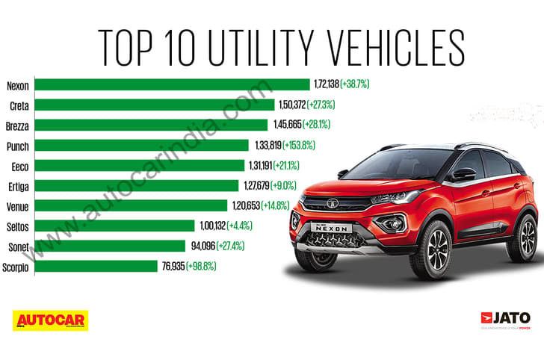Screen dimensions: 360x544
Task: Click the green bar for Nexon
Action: tap(172, 84)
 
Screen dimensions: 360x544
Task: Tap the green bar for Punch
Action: tap(141, 145)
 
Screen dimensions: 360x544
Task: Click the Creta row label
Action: tap(19, 105)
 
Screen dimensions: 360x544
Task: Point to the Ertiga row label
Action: tap(18, 185)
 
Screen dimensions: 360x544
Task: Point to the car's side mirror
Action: tap(463, 174)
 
